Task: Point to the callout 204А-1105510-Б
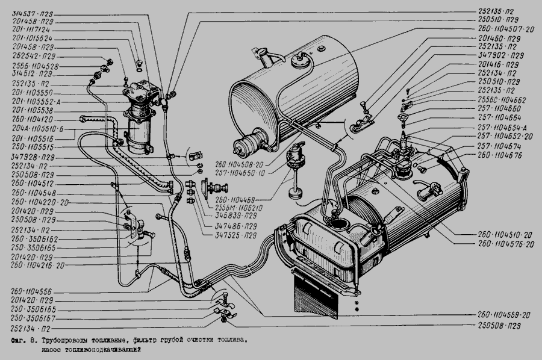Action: [34, 130]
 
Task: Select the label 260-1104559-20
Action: [505, 314]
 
